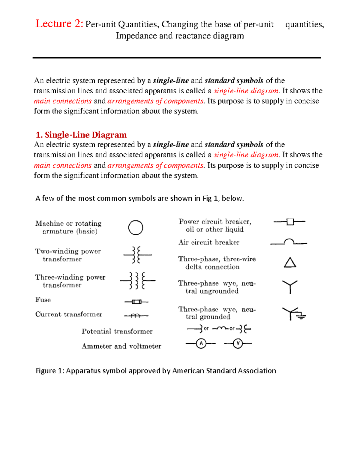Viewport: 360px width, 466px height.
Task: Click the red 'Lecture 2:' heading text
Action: click(59, 24)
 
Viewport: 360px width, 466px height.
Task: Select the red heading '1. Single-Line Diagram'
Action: click(81, 135)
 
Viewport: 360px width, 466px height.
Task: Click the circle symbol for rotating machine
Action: click(136, 228)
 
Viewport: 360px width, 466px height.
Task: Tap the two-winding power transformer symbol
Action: click(137, 255)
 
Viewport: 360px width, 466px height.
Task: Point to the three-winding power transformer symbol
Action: click(137, 281)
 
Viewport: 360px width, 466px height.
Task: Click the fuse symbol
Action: click(136, 302)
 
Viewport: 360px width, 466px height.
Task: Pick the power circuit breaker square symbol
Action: click(290, 222)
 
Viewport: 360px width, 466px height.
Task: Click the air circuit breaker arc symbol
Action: click(289, 242)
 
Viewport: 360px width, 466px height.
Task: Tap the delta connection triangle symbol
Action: click(290, 263)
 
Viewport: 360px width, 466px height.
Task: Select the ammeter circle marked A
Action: click(201, 343)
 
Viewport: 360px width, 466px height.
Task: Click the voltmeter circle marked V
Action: click(238, 343)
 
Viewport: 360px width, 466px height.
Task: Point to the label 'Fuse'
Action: click(43, 300)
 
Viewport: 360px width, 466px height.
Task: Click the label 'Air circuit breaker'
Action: click(209, 242)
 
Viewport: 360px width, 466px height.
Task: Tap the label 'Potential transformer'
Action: click(117, 331)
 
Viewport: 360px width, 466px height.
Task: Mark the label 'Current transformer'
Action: click(69, 314)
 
